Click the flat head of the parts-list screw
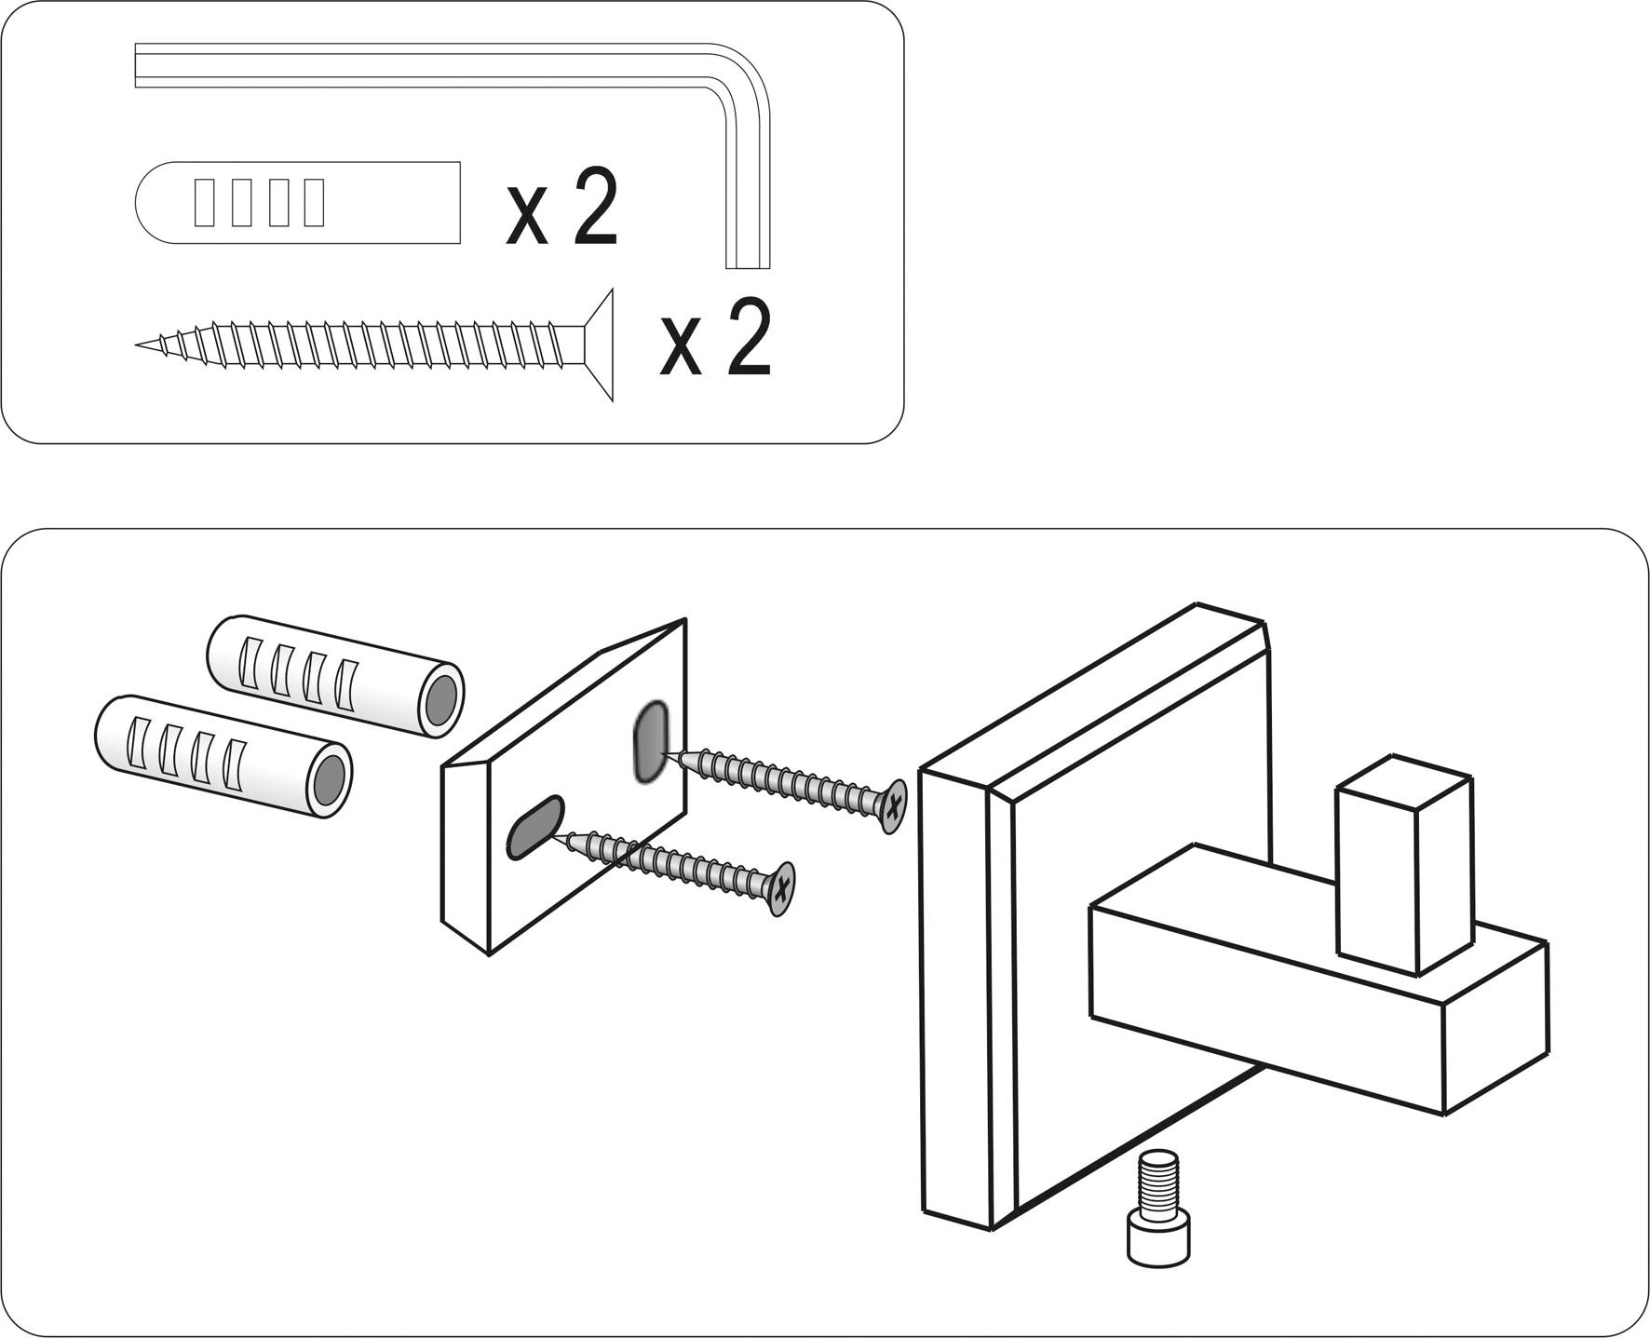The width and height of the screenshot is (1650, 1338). pos(599,345)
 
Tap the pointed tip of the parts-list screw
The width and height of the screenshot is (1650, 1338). pos(144,345)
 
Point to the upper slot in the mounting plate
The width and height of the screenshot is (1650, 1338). pos(650,741)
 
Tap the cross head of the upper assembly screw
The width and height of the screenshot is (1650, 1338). pos(893,805)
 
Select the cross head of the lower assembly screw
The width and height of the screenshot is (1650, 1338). pos(782,887)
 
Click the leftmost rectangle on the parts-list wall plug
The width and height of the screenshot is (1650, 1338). pos(204,203)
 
